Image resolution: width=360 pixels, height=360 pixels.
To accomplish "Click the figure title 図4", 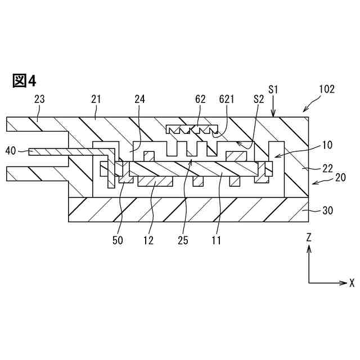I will click(x=24, y=81).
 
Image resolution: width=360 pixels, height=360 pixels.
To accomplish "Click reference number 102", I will click(x=326, y=89).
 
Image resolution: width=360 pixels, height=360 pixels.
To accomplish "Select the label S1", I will click(x=273, y=89).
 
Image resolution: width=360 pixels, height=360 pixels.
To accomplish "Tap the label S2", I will click(x=259, y=99).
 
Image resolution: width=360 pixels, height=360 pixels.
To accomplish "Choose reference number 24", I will click(x=141, y=99).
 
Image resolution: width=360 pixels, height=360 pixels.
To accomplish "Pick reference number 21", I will click(x=97, y=99).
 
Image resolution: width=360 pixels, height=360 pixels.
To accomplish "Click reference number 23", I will click(x=39, y=99).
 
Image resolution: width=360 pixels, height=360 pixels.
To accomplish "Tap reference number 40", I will click(x=10, y=151).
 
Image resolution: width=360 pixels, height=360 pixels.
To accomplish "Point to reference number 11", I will click(x=216, y=240).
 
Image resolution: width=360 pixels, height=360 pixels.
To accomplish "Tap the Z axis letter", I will click(x=309, y=238).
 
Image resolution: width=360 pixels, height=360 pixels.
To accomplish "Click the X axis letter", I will click(x=352, y=282).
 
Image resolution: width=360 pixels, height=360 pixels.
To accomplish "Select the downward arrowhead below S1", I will click(x=273, y=114).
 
